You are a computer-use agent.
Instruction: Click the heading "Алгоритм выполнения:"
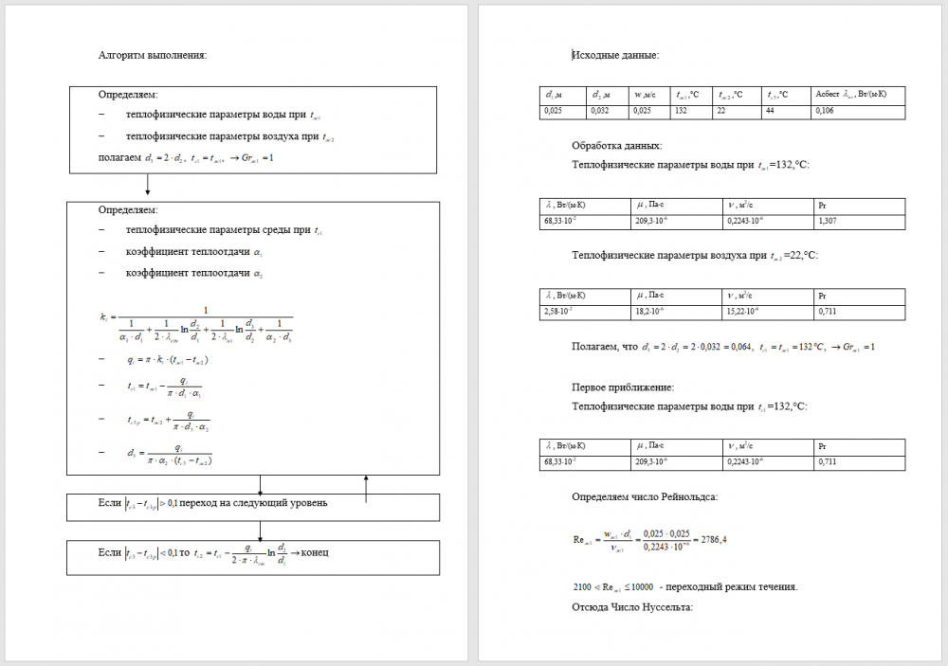153,55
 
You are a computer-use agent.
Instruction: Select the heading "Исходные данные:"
615,55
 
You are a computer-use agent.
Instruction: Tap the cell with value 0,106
826,112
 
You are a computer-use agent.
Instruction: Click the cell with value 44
772,112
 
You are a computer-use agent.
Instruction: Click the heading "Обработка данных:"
617,146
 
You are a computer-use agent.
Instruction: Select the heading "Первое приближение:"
623,387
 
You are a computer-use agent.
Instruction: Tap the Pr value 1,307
828,222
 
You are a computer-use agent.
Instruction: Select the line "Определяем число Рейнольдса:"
645,496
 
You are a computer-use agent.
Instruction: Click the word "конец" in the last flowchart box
315,552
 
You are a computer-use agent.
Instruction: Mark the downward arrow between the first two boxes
148,189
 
